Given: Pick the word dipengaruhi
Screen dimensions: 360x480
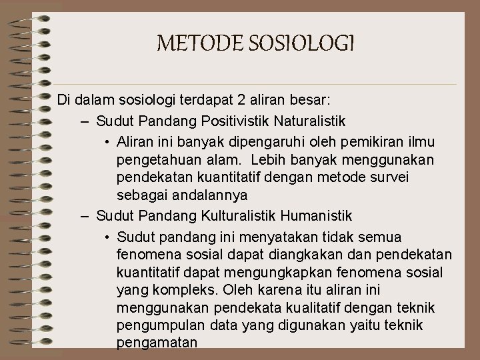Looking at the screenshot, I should point(253,141).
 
